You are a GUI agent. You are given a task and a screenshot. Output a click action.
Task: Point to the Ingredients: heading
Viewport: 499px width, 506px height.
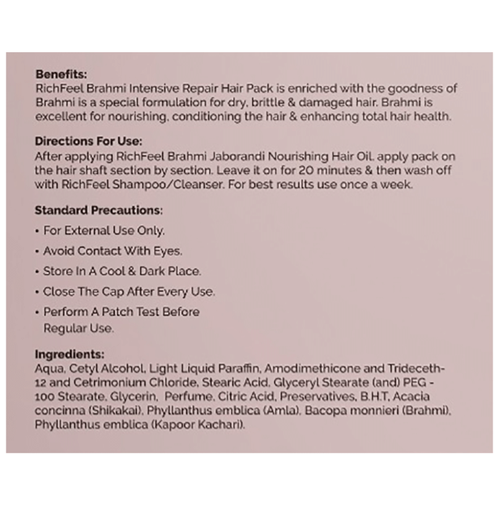[x=69, y=354]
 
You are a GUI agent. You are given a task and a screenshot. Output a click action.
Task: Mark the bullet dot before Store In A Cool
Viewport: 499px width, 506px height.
[x=38, y=272]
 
